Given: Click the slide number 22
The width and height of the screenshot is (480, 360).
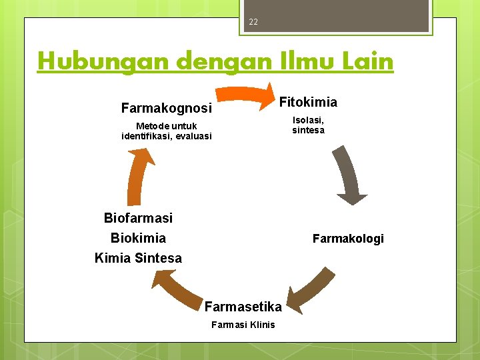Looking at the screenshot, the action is tap(253, 22).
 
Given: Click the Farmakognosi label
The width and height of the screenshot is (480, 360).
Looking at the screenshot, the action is tap(166, 108).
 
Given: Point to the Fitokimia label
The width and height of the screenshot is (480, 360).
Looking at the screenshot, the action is tap(308, 102).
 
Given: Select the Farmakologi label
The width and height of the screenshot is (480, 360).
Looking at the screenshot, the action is tap(348, 239).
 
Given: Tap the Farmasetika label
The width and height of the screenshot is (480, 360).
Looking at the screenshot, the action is tap(243, 307).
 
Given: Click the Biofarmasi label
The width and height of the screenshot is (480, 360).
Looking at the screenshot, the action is tap(138, 218).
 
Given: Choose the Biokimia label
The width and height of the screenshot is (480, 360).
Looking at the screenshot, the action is tap(138, 238).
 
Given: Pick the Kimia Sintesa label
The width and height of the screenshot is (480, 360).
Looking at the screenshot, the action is tap(138, 258).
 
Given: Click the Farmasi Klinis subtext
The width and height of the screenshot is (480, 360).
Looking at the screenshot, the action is tap(243, 325).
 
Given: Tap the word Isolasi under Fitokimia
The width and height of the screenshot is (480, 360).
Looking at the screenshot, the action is tap(308, 120).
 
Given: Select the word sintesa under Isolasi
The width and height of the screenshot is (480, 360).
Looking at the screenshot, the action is tap(308, 130).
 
